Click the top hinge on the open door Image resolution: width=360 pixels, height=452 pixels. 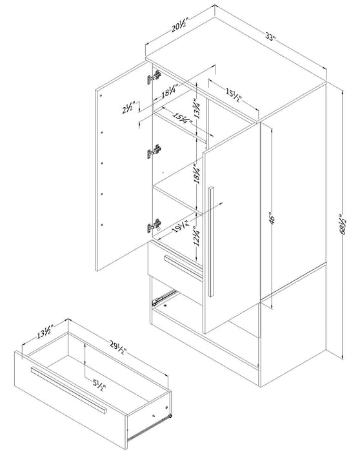point(154,78)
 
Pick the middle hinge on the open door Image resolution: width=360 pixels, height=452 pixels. point(154,153)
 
